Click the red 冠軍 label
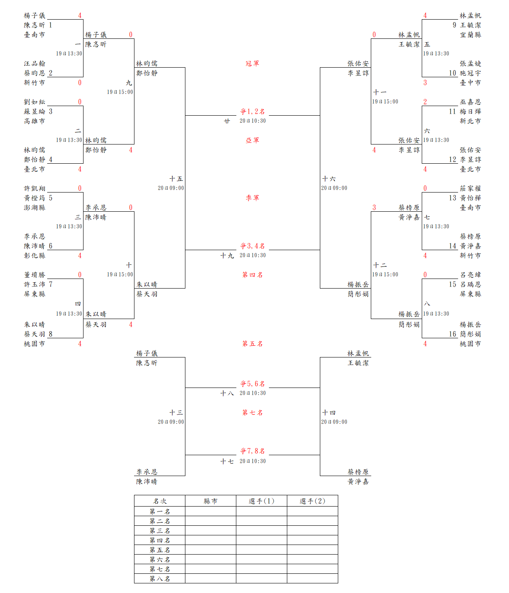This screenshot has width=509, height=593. coord(252,63)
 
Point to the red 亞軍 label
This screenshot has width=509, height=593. coord(252,140)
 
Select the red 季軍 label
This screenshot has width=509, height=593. coord(252,198)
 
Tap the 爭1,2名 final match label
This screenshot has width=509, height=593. coord(252,112)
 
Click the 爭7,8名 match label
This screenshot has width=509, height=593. coord(252,451)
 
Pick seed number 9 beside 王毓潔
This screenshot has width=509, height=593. coord(454,25)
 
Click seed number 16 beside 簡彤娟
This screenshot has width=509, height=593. coord(453,334)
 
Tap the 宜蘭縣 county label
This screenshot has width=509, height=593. coord(471,35)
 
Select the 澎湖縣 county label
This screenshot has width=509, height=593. coord(34,208)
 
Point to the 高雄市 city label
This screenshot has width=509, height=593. coord(34,121)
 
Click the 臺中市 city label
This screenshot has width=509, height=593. coord(471,83)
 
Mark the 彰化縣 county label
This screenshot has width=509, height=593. coord(34,256)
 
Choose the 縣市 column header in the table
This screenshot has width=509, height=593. coord(210,501)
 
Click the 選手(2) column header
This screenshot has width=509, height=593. coord(312,501)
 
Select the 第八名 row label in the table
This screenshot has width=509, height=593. coord(160,579)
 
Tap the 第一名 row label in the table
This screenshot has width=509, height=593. coord(160,512)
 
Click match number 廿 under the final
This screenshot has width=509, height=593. coord(227,121)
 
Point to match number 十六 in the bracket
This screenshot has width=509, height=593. coord(329,179)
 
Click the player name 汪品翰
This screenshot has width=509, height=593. coord(34,63)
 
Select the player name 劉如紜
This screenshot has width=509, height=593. coord(34,102)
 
